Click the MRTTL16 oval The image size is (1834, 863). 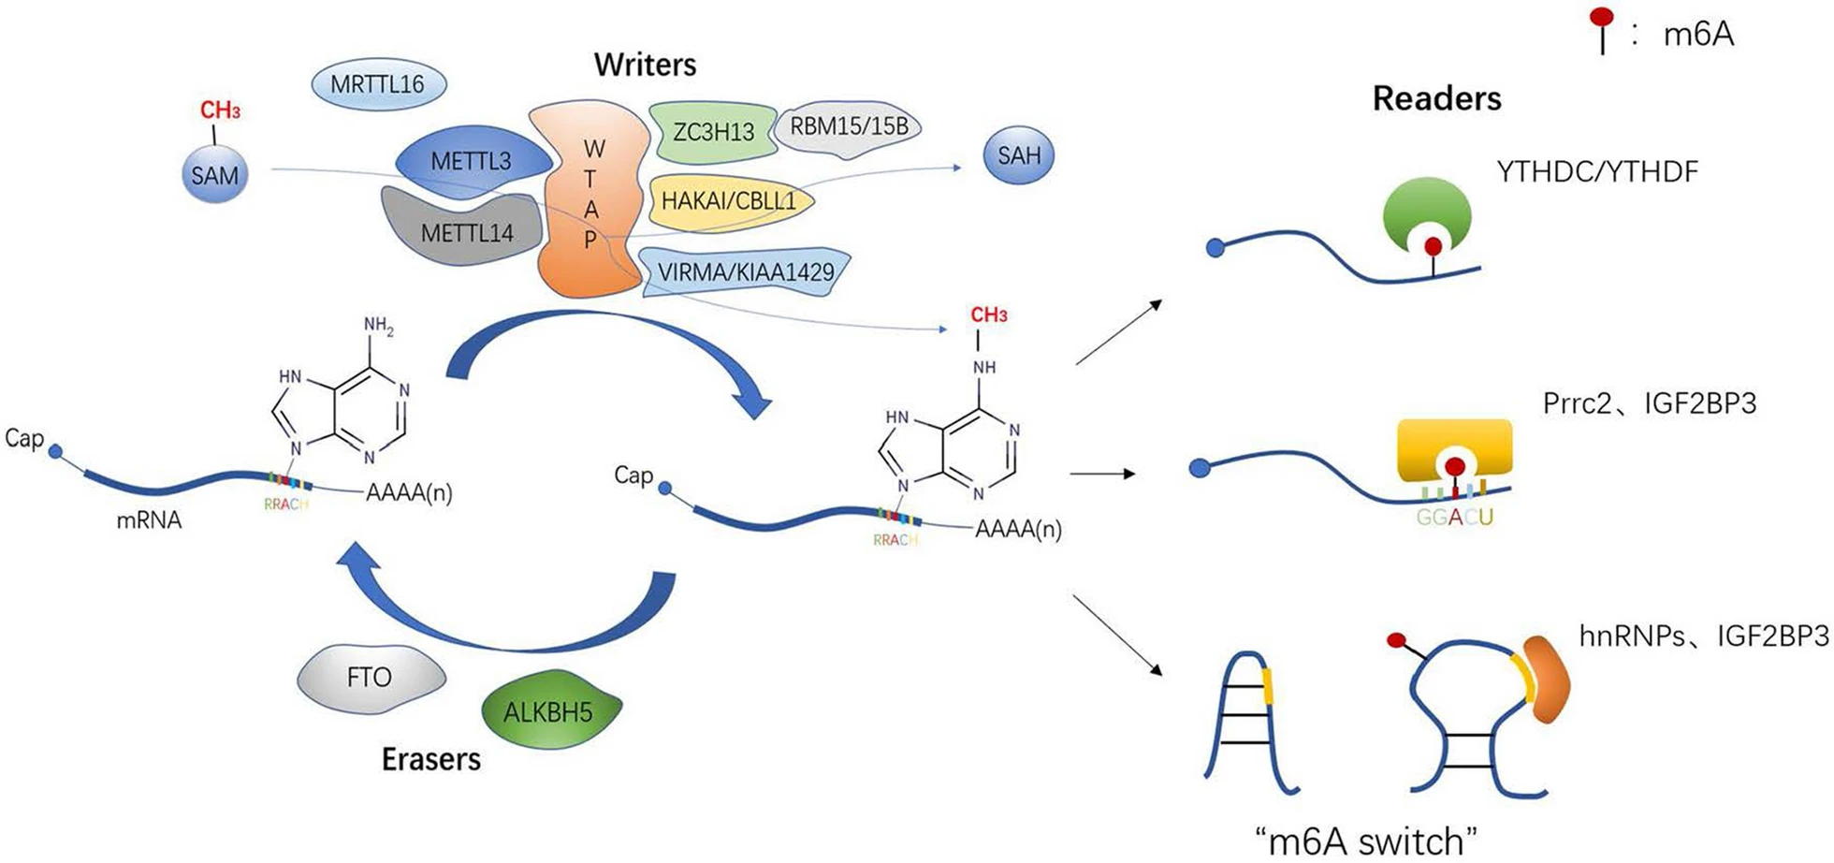pyautogui.click(x=378, y=84)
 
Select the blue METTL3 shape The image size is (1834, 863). pyautogui.click(x=472, y=162)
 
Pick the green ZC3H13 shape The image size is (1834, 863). pyautogui.click(x=713, y=131)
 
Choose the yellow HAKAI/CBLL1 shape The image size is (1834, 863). pyautogui.click(x=729, y=201)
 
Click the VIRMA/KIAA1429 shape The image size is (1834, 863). pyautogui.click(x=746, y=272)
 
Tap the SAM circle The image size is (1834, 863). pyautogui.click(x=215, y=175)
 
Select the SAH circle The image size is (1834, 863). pyautogui.click(x=1019, y=155)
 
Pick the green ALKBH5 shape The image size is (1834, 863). pyautogui.click(x=550, y=711)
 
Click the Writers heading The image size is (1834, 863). pyautogui.click(x=645, y=65)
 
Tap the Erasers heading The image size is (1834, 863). pyautogui.click(x=431, y=759)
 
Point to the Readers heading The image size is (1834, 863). pyautogui.click(x=1436, y=98)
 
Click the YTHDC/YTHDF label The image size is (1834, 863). pyautogui.click(x=1596, y=172)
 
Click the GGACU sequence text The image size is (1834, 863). pyautogui.click(x=1454, y=517)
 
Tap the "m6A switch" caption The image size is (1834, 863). pyautogui.click(x=1366, y=840)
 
